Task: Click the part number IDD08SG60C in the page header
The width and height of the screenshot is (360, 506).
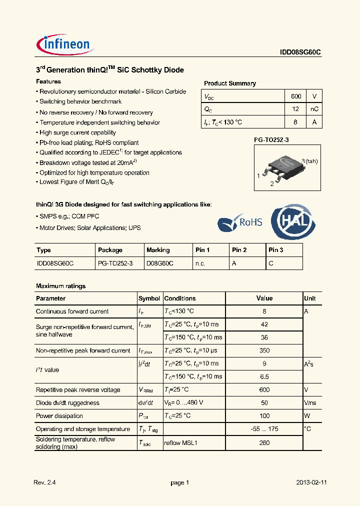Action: (x=300, y=51)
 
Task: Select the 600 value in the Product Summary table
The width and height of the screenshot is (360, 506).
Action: (x=296, y=96)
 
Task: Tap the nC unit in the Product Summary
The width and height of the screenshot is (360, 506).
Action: (x=314, y=109)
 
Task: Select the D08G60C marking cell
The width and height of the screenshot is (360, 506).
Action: (x=159, y=263)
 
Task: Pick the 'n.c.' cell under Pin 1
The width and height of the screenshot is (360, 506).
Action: (x=200, y=263)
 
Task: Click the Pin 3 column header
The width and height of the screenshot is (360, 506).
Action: (x=276, y=250)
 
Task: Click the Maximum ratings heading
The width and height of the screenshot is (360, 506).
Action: (x=60, y=286)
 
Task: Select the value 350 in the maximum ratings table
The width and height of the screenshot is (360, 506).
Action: (x=264, y=350)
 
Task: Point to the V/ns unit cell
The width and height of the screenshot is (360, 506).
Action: (x=310, y=403)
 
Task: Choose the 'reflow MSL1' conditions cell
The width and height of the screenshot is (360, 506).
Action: (x=180, y=442)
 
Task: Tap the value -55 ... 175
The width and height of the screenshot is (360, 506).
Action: (x=264, y=429)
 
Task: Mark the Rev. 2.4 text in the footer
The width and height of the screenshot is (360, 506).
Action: (x=44, y=482)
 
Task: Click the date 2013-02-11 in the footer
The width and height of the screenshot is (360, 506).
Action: (x=311, y=482)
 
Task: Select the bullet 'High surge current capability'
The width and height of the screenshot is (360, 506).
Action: (x=77, y=132)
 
